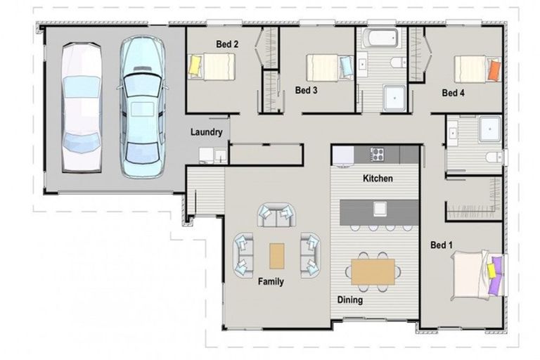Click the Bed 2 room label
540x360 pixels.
[227, 44]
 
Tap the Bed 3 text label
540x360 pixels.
[306, 90]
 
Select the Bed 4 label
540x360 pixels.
[454, 93]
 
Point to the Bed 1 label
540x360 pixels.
[442, 245]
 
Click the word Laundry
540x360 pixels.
[206, 132]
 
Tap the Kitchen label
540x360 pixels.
[378, 179]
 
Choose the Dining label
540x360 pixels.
[350, 300]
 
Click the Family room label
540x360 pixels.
[271, 282]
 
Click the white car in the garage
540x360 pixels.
[82, 108]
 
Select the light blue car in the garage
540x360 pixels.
[143, 107]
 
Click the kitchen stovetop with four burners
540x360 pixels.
[377, 154]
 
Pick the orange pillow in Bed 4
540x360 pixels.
[494, 70]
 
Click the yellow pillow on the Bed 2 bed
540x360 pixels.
[195, 65]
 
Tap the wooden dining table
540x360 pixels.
[373, 272]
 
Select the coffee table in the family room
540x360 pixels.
[277, 256]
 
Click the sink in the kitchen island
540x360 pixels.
[380, 209]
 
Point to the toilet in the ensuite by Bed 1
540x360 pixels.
[494, 157]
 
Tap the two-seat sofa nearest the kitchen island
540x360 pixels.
[276, 215]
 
